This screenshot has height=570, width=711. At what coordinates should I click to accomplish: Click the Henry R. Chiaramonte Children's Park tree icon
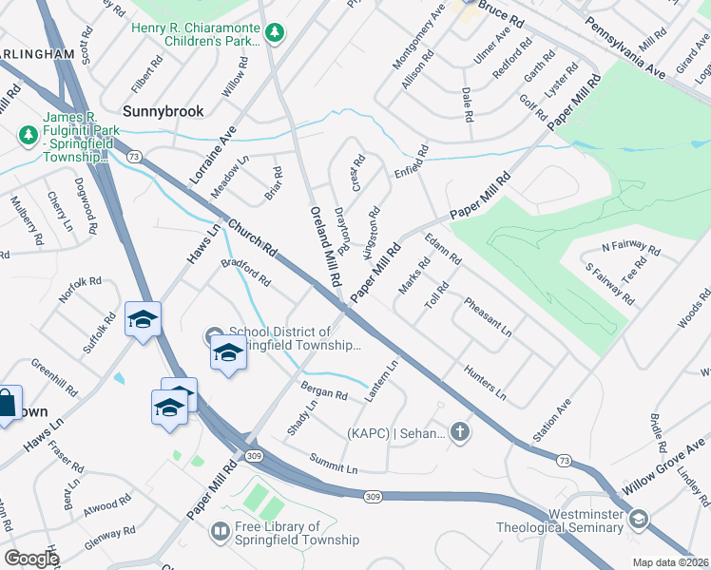(x=275, y=34)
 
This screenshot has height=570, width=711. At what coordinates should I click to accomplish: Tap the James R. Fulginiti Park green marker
(x=28, y=137)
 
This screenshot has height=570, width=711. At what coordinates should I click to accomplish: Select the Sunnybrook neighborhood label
(x=163, y=111)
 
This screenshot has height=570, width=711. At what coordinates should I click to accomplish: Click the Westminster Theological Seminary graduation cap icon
(x=640, y=518)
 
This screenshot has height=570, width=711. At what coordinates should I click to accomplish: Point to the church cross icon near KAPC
(x=460, y=433)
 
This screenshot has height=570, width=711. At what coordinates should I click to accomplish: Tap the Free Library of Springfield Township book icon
(x=220, y=531)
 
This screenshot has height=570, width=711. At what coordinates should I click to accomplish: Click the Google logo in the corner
(x=31, y=559)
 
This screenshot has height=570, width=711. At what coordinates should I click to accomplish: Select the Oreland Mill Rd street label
(x=323, y=247)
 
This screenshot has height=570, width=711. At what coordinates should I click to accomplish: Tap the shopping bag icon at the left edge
(x=7, y=403)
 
